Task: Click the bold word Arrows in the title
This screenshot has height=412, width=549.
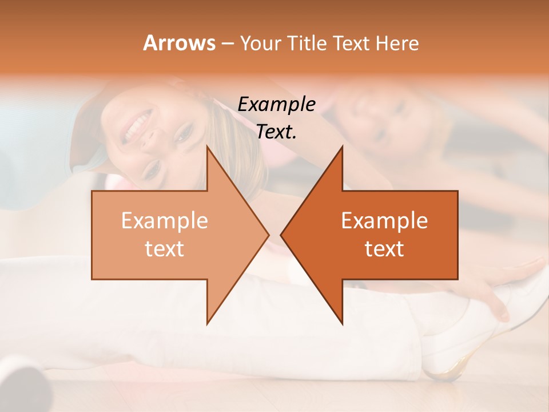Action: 178,43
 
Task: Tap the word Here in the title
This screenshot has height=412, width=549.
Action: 397,43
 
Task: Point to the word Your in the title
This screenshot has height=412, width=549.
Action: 260,43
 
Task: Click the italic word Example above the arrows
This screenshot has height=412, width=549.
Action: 277,105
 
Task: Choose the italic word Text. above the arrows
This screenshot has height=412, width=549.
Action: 277,132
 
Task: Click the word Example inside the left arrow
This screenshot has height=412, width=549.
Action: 165,221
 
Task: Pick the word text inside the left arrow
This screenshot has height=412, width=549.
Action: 165,248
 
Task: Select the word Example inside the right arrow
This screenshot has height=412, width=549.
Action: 384,221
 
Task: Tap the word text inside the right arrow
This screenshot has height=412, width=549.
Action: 384,248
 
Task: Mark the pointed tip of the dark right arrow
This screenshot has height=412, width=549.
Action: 281,235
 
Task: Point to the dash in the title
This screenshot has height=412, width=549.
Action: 227,43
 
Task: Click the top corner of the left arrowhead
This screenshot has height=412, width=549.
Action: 207,146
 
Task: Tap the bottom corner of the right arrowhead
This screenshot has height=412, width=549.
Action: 342,324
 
